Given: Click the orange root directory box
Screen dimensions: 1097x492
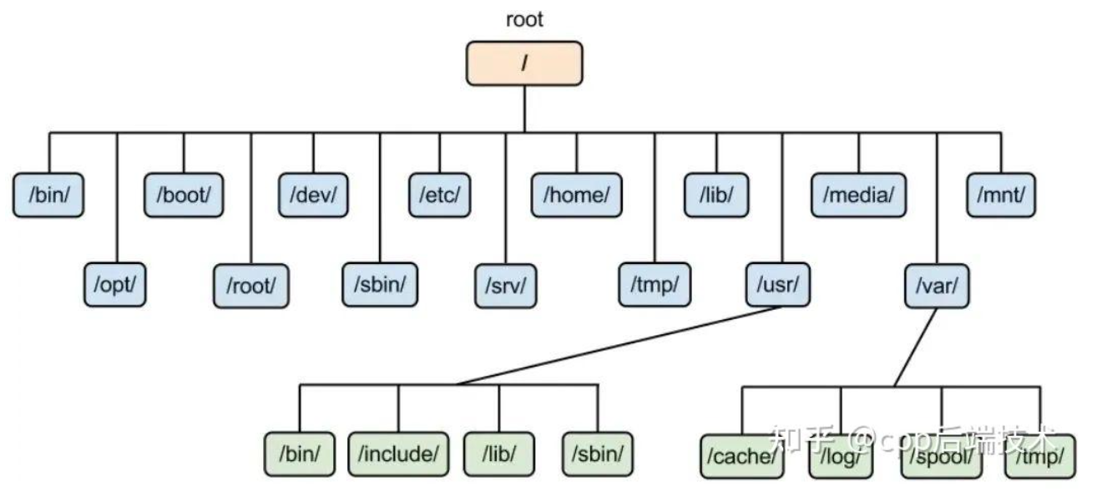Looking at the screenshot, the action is [524, 63].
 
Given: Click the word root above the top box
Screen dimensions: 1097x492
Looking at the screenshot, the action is [524, 19].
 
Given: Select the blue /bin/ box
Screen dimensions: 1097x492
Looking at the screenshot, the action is [48, 195].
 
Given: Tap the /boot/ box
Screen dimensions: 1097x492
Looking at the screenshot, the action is [184, 195].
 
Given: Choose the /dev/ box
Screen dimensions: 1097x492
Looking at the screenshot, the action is [313, 195].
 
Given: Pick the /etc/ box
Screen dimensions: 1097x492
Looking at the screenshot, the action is [440, 195].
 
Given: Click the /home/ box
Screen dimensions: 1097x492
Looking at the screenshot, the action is [577, 195].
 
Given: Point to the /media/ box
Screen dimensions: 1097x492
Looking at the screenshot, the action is [858, 195].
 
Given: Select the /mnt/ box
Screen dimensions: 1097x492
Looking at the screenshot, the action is [1001, 195].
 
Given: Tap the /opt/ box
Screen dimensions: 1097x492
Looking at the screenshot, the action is [115, 285].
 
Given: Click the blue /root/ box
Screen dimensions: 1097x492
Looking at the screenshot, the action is [251, 287].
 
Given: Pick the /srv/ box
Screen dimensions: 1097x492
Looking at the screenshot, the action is [506, 287].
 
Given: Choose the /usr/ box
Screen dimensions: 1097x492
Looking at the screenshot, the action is [778, 285].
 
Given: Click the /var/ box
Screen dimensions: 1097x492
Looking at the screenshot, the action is [937, 287].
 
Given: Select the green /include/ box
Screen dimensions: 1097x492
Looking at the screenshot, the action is [398, 454].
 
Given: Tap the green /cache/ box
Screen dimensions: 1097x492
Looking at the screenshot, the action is [742, 457].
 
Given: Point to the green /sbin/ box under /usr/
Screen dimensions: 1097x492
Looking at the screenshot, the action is [598, 454].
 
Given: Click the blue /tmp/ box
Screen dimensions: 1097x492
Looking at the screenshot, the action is [655, 285].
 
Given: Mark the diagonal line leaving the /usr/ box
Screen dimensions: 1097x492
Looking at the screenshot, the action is [618, 346].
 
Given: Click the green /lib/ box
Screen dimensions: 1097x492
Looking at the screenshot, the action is [499, 454].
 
